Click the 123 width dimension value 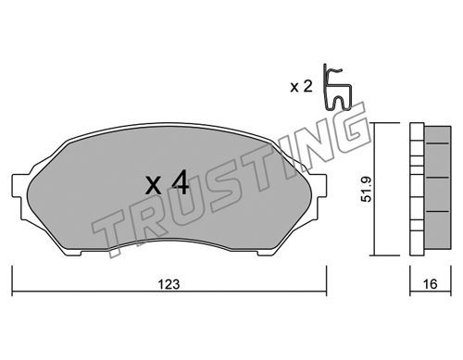tap(169, 284)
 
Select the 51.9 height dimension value tap(367, 189)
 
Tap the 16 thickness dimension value tap(430, 284)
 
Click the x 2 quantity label tap(302, 87)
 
